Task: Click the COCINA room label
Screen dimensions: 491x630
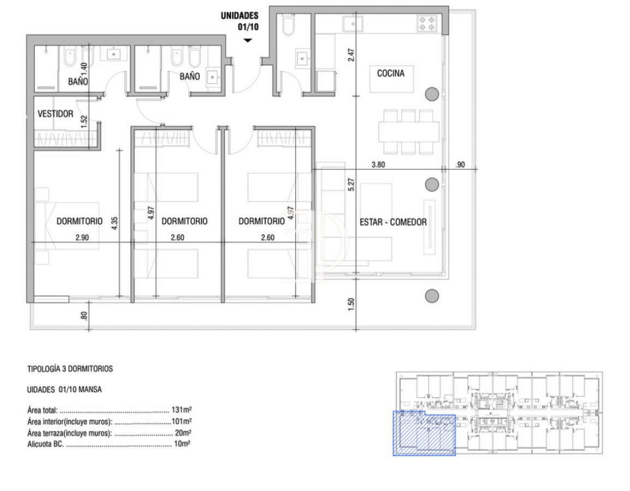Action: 391,73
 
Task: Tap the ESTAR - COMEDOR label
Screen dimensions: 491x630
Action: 393,222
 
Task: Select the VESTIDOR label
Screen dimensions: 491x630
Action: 55,114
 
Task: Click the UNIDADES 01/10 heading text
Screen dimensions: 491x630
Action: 239,21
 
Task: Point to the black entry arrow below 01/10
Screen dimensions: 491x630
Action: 248,40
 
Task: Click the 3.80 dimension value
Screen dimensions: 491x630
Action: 378,164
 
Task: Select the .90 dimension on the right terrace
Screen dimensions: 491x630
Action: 459,164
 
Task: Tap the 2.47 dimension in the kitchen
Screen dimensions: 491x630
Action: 352,55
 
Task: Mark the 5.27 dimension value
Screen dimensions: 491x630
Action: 352,184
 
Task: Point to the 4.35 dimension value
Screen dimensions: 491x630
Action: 114,225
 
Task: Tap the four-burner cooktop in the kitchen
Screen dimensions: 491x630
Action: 427,23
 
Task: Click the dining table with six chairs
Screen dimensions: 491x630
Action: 409,131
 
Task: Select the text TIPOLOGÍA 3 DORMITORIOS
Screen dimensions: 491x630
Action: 70,369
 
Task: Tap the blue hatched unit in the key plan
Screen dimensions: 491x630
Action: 424,433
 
